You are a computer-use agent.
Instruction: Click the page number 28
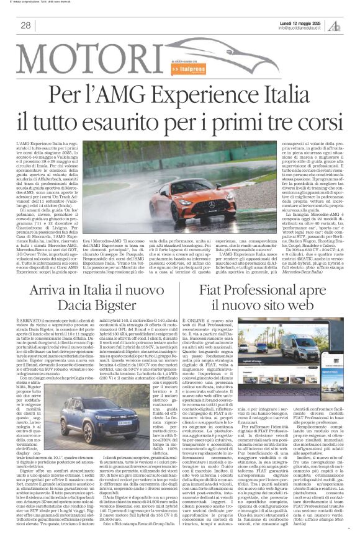tap(25, 25)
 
